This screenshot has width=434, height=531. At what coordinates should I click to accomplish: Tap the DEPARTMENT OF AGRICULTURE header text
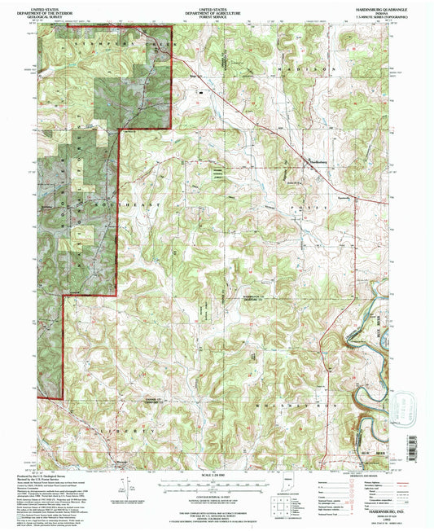217,9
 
